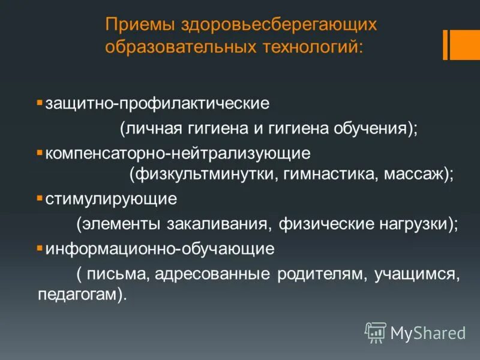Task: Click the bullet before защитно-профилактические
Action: (x=39, y=103)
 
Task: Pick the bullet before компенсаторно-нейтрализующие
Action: (x=39, y=152)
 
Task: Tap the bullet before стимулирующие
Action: (x=39, y=197)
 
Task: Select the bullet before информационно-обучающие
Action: (x=39, y=247)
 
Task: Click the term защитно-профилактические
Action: (x=157, y=104)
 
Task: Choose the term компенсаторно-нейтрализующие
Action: (x=177, y=154)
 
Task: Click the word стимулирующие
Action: (x=111, y=199)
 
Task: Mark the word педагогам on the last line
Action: (x=81, y=296)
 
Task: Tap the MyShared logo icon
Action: (x=376, y=332)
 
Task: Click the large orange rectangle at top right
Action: (x=465, y=44)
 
